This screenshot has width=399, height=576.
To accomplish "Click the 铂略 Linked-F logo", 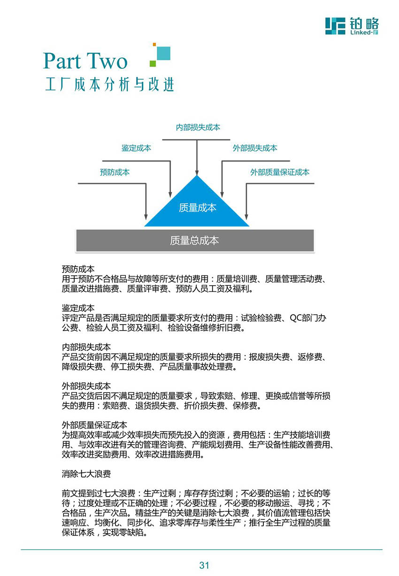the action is coord(352,26).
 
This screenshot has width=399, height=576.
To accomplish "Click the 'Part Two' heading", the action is coord(85,61).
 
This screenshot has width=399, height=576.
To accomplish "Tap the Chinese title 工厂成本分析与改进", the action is coord(110,84).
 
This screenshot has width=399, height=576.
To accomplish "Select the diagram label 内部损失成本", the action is coord(198,127).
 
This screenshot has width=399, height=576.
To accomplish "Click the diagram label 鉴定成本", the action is coord(136,148).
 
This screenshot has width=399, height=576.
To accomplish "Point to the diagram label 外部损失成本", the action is coord(255,148).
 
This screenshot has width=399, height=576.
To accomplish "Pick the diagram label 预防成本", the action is coord(115,172).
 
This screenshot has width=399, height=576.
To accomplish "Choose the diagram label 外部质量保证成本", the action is coord(280,172).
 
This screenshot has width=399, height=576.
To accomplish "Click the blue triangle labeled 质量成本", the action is coord(197,206).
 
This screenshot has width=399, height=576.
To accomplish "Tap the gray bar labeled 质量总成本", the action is coord(195,241).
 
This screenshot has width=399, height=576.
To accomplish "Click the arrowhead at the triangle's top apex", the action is coord(197,172).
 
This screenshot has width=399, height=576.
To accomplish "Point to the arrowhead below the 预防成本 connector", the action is coord(146,217).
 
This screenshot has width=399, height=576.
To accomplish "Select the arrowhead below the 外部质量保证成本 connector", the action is coord(246,217).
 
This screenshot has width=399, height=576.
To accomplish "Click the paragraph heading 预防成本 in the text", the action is coord(78,269).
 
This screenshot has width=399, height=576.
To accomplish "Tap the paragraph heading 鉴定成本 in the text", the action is coord(78,308).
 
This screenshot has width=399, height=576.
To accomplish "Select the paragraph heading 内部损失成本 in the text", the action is coord(86,347).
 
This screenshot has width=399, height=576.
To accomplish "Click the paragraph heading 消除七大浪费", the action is coord(86,474).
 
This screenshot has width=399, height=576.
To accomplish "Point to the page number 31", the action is coord(204,565).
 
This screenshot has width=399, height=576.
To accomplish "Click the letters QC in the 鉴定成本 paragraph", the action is coord(296,318).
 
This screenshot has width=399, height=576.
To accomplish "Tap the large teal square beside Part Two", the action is coord(163,53).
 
